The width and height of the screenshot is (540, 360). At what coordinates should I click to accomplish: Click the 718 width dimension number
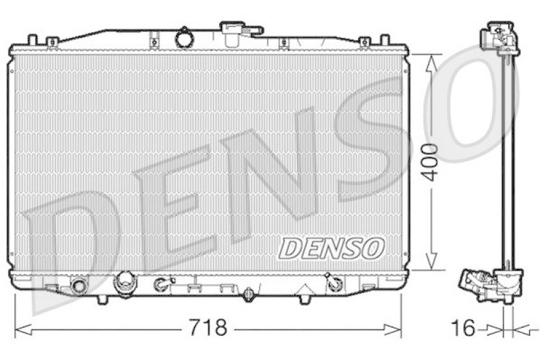click(208, 328)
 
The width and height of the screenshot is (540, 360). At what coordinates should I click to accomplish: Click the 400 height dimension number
click(431, 162)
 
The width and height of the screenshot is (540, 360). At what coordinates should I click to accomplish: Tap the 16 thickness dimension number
click(464, 328)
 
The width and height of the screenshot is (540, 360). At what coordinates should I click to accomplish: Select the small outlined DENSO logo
click(331, 249)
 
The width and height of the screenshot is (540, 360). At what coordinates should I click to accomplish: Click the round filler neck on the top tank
click(184, 37)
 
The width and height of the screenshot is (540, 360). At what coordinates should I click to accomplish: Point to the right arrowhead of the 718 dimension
click(393, 330)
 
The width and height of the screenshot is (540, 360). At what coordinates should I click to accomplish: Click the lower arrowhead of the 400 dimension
click(431, 261)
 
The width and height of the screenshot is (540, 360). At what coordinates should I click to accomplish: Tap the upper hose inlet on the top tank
click(233, 34)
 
